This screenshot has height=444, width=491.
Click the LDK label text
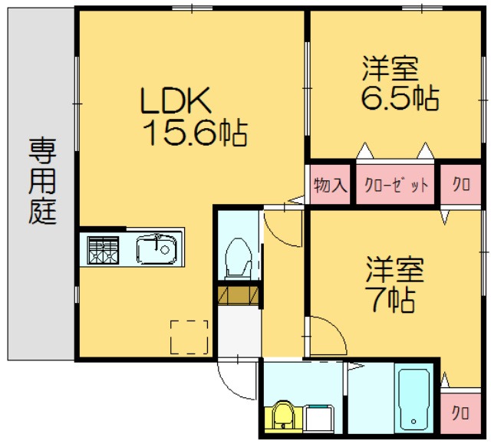175,100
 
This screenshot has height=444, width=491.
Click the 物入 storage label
331,186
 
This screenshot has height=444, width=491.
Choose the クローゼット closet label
396,186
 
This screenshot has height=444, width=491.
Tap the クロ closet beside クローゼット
460,186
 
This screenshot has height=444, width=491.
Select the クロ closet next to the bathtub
460,413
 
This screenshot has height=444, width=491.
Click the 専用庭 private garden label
43,180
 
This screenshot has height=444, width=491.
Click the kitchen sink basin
157,249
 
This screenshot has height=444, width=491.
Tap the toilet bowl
238,258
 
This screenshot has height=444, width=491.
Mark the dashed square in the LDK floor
189,337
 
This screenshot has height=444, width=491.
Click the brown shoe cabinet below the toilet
238,294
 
